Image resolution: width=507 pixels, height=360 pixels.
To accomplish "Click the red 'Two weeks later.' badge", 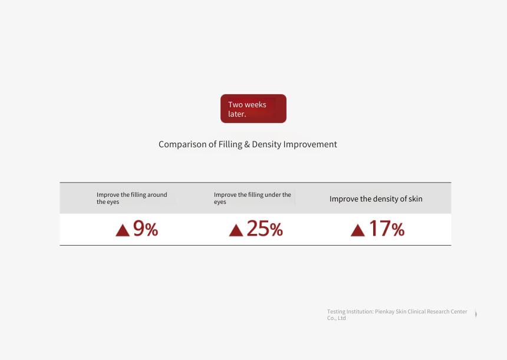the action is (x=253, y=108).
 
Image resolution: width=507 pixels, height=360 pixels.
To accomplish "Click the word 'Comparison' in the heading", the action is (x=183, y=144).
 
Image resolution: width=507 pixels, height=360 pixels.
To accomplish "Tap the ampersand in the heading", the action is (x=247, y=144).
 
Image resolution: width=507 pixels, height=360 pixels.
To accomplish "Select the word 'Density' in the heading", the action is (x=266, y=144).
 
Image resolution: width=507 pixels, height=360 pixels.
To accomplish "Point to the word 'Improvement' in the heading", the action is (x=310, y=144).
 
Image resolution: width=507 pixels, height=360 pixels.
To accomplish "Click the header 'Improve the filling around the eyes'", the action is (x=132, y=198).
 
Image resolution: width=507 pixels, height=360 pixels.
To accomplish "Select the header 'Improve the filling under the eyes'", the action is (x=252, y=198).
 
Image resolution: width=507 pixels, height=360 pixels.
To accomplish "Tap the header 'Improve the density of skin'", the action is (x=376, y=199).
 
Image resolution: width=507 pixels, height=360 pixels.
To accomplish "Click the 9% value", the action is (x=146, y=228).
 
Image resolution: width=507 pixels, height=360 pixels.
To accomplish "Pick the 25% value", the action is (x=265, y=228).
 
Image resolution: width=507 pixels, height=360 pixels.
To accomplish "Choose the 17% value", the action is (x=387, y=228).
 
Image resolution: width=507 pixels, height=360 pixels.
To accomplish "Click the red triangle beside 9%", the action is (x=123, y=231).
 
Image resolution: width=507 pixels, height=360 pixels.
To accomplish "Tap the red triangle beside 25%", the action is (x=236, y=231).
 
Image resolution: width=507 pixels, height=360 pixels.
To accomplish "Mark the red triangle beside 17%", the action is (x=358, y=231).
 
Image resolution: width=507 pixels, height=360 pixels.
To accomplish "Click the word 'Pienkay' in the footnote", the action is (x=385, y=312).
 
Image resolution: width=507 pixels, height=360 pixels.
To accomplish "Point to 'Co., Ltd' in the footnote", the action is (x=336, y=318).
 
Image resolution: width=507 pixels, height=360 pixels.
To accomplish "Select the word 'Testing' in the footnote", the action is (x=336, y=312).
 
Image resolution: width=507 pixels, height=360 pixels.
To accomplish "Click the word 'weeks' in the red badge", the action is (x=255, y=105).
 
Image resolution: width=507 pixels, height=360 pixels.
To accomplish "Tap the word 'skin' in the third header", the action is (x=416, y=199).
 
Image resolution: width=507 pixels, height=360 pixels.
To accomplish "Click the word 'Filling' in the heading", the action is (x=231, y=144).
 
